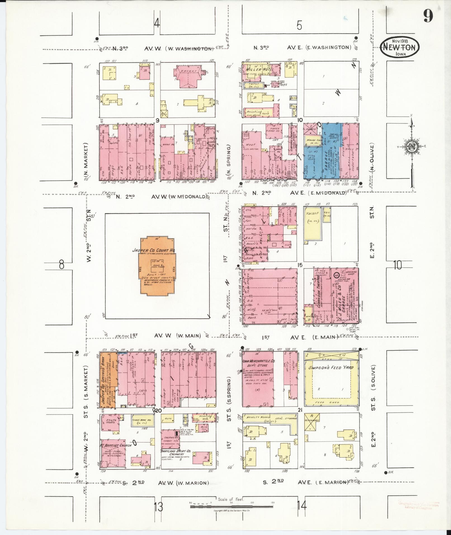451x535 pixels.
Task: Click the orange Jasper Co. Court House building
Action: (x=157, y=266)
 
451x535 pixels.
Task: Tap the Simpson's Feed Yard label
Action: (x=331, y=368)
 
